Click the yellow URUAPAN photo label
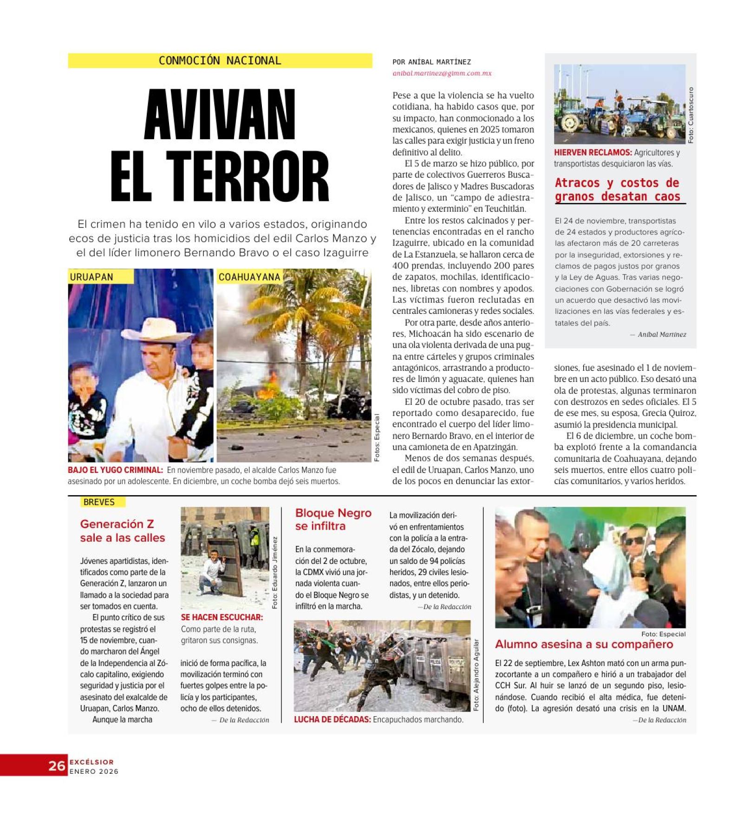coord(91,277)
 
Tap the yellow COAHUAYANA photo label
coord(249,277)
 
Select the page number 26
coord(57,765)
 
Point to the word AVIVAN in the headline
coord(220,115)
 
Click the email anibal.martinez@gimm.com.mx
coord(442,73)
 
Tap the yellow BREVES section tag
coord(98,502)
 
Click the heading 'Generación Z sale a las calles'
coord(122,531)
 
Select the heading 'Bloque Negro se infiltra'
coord(333,519)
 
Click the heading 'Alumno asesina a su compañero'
coord(584,644)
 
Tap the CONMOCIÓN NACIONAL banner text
coord(220,61)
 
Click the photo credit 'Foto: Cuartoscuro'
coord(691,115)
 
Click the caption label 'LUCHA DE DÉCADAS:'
coord(332,719)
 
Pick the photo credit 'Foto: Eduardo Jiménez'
coord(274,573)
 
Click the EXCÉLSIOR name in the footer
coord(91,762)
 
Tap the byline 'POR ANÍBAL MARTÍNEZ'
coord(431,62)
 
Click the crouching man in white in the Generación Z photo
coord(212,571)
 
